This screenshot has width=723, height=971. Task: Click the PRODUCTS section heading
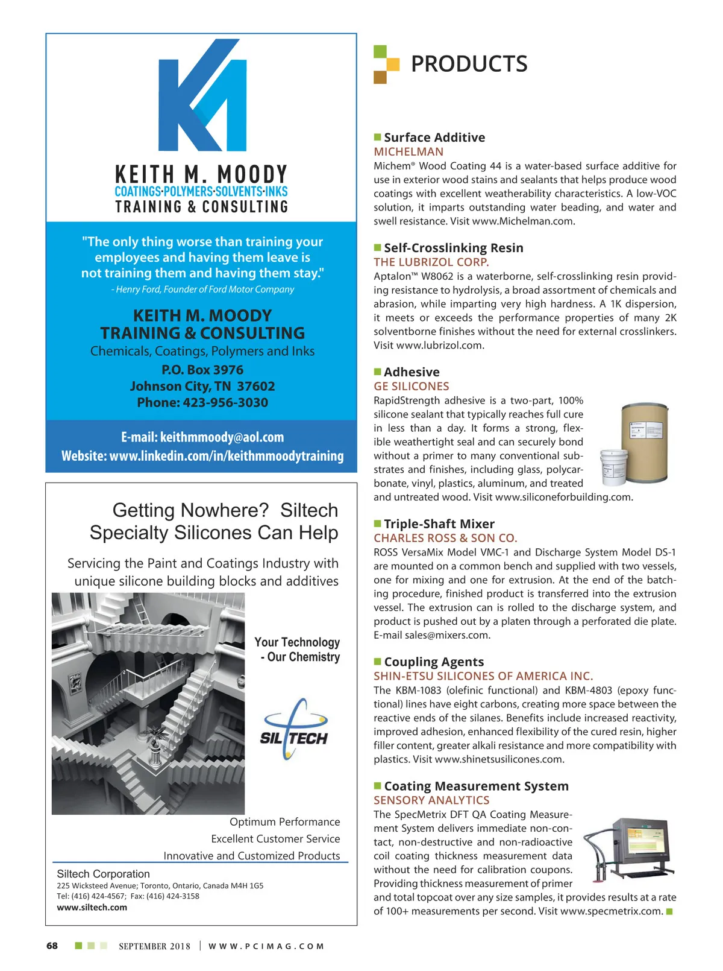click(x=469, y=64)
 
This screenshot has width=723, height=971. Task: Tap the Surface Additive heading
click(x=434, y=138)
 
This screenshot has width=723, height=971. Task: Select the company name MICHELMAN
click(x=408, y=152)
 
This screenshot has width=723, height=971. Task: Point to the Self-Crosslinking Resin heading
click(x=453, y=248)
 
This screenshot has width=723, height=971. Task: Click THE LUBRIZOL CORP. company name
click(x=431, y=262)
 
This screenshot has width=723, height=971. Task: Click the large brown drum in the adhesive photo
click(x=643, y=435)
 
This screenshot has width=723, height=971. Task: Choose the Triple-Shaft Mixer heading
click(x=439, y=524)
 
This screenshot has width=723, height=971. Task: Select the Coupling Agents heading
click(x=434, y=662)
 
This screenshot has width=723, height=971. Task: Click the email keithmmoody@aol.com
click(x=222, y=437)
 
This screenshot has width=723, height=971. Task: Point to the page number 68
click(x=52, y=946)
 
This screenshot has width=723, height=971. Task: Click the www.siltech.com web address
click(x=92, y=908)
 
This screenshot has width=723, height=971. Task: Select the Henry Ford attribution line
click(x=202, y=289)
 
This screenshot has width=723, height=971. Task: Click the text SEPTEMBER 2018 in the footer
click(x=154, y=946)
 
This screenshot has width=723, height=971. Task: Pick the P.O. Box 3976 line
click(x=202, y=370)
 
